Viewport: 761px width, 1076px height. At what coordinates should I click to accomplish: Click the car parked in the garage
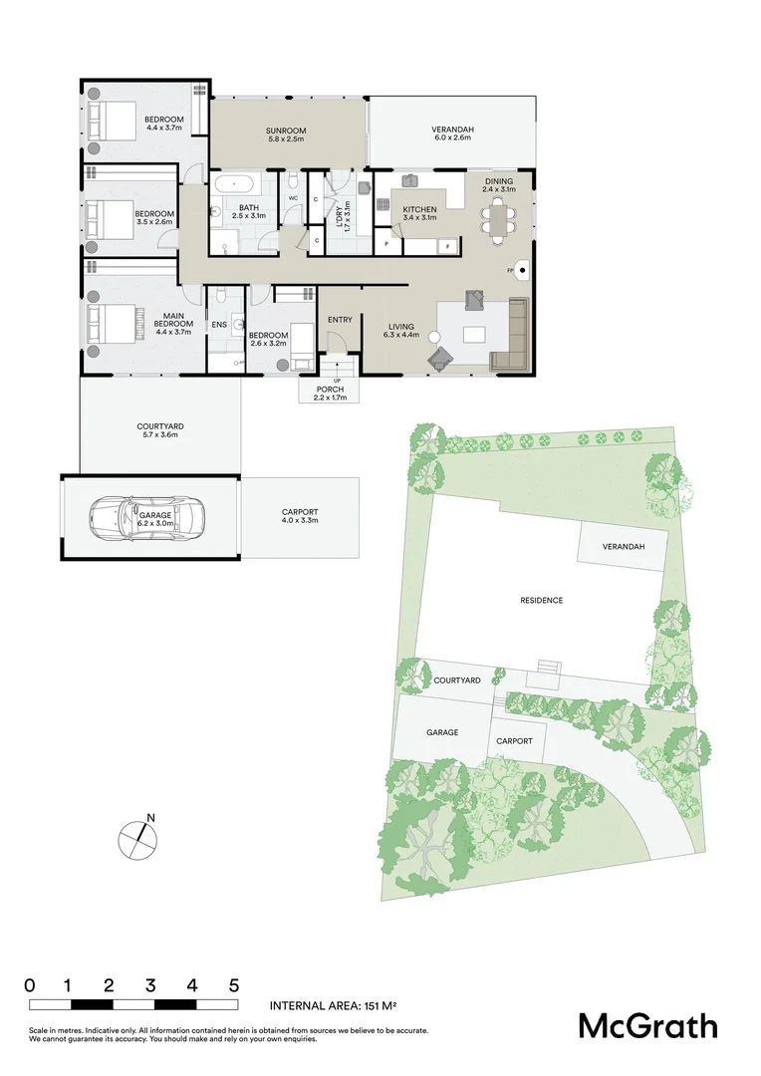[x=140, y=516]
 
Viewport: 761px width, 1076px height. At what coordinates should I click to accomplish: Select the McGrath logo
[x=647, y=1025]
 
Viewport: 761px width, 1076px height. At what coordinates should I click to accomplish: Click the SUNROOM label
[x=285, y=131]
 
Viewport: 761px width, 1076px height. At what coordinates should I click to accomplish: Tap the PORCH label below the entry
[x=329, y=389]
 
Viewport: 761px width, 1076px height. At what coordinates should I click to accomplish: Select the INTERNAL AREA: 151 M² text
[x=334, y=1006]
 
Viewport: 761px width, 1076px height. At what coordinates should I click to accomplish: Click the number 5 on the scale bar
[x=234, y=984]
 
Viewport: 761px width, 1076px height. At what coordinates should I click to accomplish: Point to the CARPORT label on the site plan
[x=514, y=741]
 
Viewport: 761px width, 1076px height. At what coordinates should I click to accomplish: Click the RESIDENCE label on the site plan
[x=541, y=600]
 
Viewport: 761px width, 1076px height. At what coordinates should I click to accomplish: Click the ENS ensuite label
[x=218, y=325]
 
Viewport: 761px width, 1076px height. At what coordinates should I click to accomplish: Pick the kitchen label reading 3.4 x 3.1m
[x=418, y=217]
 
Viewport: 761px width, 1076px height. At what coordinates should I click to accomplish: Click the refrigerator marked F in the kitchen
[x=449, y=244]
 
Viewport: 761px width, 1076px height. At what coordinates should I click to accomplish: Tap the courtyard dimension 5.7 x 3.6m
[x=159, y=434]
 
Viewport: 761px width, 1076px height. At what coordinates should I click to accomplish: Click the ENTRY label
[x=340, y=319]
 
